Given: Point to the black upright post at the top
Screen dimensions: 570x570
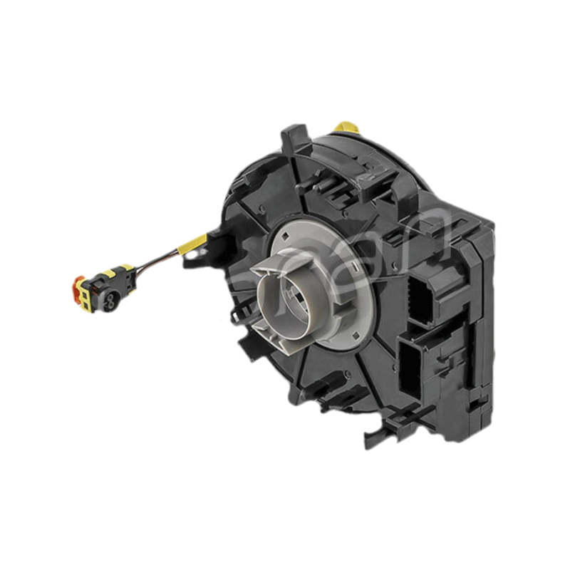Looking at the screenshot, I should (291, 142).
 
